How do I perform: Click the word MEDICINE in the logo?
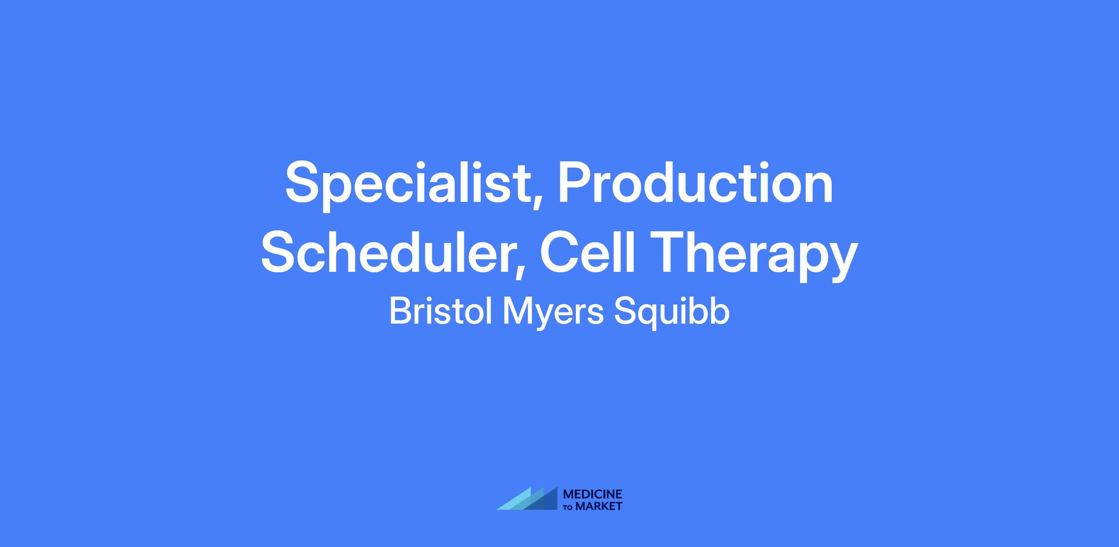[x=593, y=494]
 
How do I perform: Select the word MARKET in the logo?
[x=599, y=506]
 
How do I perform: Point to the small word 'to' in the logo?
[x=568, y=507]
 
